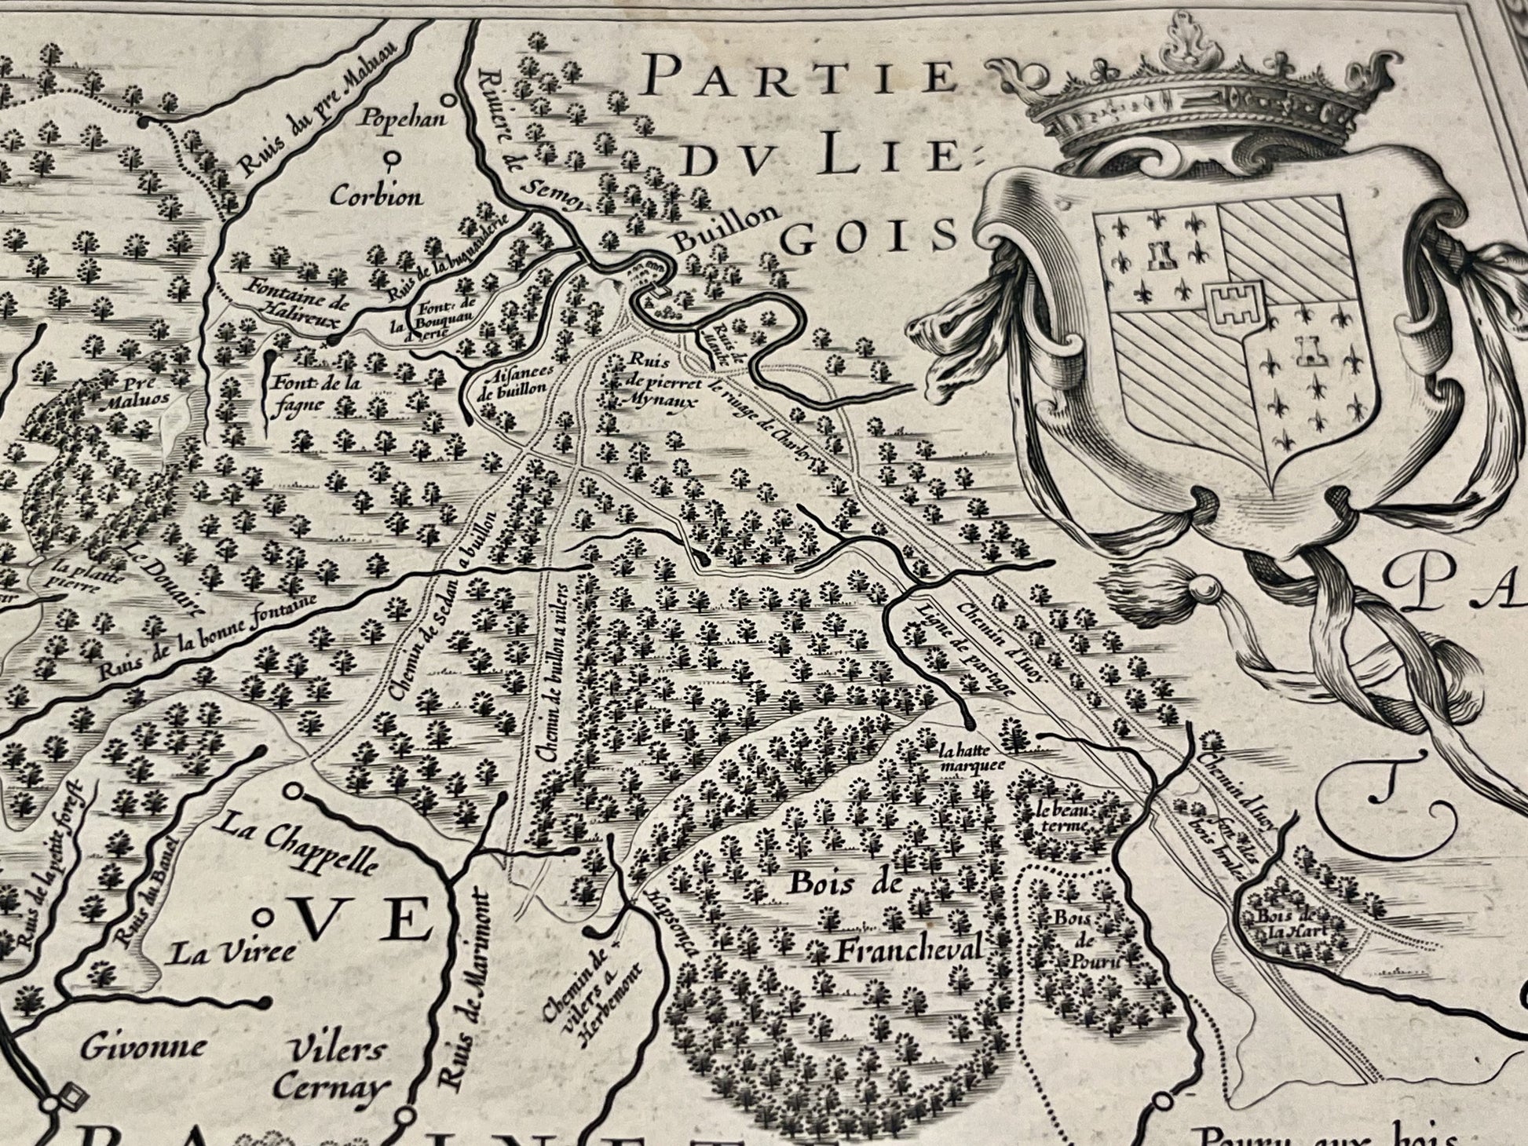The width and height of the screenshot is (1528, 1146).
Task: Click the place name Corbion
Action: click(x=375, y=195)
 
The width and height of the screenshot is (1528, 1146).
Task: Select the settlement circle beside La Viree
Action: click(x=268, y=916)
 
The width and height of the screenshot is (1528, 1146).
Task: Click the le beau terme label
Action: click(x=1064, y=819)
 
